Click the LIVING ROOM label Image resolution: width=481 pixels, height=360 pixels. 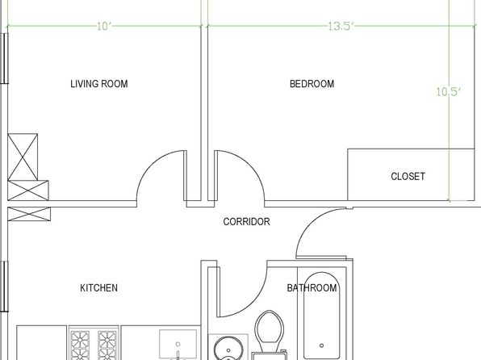pos(99,84)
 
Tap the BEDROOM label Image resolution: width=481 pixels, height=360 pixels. pos(312,84)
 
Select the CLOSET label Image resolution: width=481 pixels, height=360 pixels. pos(408,176)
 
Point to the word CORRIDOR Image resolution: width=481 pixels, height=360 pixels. pos(246,222)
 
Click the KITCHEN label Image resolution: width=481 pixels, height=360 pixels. pos(98,288)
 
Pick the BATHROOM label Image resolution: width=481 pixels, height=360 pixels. pos(312,288)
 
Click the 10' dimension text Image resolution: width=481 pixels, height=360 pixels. pos(103,27)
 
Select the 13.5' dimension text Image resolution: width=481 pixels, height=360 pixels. pos(341,27)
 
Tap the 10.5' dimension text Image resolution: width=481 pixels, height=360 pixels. pos(449,91)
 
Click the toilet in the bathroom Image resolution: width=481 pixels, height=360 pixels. pos(270,334)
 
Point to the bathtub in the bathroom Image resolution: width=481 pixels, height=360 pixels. pos(321,316)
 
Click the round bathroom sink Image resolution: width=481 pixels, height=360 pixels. pos(228,349)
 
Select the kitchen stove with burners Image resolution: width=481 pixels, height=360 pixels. pos(94,343)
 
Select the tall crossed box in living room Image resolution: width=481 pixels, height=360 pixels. pos(23,157)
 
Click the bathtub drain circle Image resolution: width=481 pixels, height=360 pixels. pos(321,345)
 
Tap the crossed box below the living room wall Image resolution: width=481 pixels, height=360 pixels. pos(29,214)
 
